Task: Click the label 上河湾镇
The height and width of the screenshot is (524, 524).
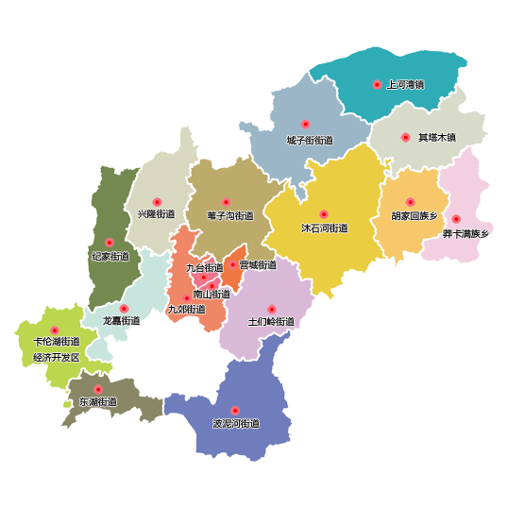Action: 405,85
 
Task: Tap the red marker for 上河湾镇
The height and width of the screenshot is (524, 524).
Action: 377,84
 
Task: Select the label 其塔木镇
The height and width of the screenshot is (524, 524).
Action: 437,138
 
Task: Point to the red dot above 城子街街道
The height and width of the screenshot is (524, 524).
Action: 305,124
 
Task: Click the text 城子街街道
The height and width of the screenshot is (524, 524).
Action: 310,141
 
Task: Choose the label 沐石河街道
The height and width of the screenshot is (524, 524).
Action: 325,228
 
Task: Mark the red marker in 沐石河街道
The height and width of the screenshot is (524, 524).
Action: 324,214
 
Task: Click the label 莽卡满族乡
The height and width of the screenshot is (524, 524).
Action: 465,233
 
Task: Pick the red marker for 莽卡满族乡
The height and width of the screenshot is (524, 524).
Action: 456,218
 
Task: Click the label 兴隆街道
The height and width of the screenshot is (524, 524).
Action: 156,215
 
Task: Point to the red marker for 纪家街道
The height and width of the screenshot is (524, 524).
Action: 109,243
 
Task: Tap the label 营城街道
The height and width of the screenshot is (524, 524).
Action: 258,265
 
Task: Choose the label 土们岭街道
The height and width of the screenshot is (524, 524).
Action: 271,322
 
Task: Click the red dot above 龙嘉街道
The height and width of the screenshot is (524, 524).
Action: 124,308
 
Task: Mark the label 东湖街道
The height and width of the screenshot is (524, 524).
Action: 98,402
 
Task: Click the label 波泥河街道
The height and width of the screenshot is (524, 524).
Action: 236,424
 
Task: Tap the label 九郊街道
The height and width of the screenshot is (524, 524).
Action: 186,310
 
